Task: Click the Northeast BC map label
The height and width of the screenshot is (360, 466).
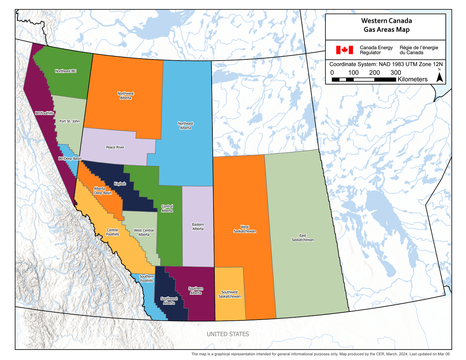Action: tap(66, 71)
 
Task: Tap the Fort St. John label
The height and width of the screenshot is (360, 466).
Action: tap(70, 121)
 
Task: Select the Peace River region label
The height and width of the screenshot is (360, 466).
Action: tap(115, 147)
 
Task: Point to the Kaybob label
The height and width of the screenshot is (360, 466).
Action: tap(120, 183)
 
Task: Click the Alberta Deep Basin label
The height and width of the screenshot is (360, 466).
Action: tap(103, 191)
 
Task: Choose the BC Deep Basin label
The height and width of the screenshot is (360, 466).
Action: tap(70, 158)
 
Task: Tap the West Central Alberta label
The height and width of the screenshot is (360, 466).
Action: tap(144, 233)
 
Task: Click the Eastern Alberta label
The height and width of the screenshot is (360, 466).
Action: tap(198, 227)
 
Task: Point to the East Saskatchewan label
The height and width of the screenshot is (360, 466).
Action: tap(303, 238)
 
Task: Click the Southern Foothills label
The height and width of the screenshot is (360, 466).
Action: tap(146, 278)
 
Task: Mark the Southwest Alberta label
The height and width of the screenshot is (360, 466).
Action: tap(169, 301)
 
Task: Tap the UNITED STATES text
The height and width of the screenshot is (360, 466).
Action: tap(228, 334)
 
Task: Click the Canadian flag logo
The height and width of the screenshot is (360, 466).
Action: tap(344, 50)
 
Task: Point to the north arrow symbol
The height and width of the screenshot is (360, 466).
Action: tap(440, 77)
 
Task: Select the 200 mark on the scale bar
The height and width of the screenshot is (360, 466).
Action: tap(374, 73)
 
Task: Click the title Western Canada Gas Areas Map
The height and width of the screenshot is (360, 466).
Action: tap(386, 25)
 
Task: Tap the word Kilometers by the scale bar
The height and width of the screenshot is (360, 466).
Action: tap(412, 79)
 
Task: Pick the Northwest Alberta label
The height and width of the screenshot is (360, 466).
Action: tap(125, 96)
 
